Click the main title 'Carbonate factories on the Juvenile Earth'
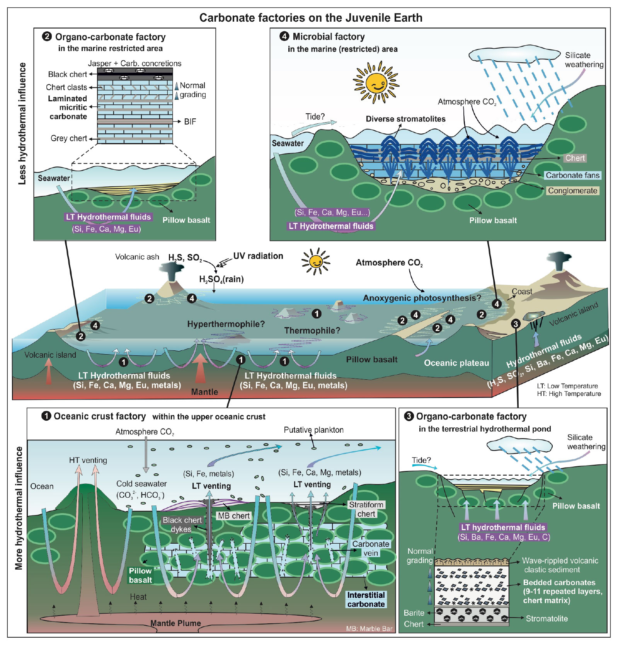click(311, 18)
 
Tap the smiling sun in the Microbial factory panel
click(376, 82)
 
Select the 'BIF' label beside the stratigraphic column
click(190, 122)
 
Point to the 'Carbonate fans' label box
click(572, 176)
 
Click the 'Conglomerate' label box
click(572, 191)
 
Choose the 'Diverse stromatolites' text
click(405, 119)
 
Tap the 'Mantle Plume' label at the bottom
click(175, 623)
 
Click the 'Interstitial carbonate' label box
click(366, 600)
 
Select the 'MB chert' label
click(234, 516)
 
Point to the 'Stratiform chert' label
click(366, 509)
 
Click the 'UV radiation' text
click(258, 256)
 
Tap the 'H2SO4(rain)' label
click(221, 279)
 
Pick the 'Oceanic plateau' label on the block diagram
click(456, 363)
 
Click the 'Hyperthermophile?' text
click(226, 324)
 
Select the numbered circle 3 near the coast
click(516, 324)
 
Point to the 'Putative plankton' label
click(313, 430)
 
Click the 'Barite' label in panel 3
click(414, 613)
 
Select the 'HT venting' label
click(88, 460)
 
